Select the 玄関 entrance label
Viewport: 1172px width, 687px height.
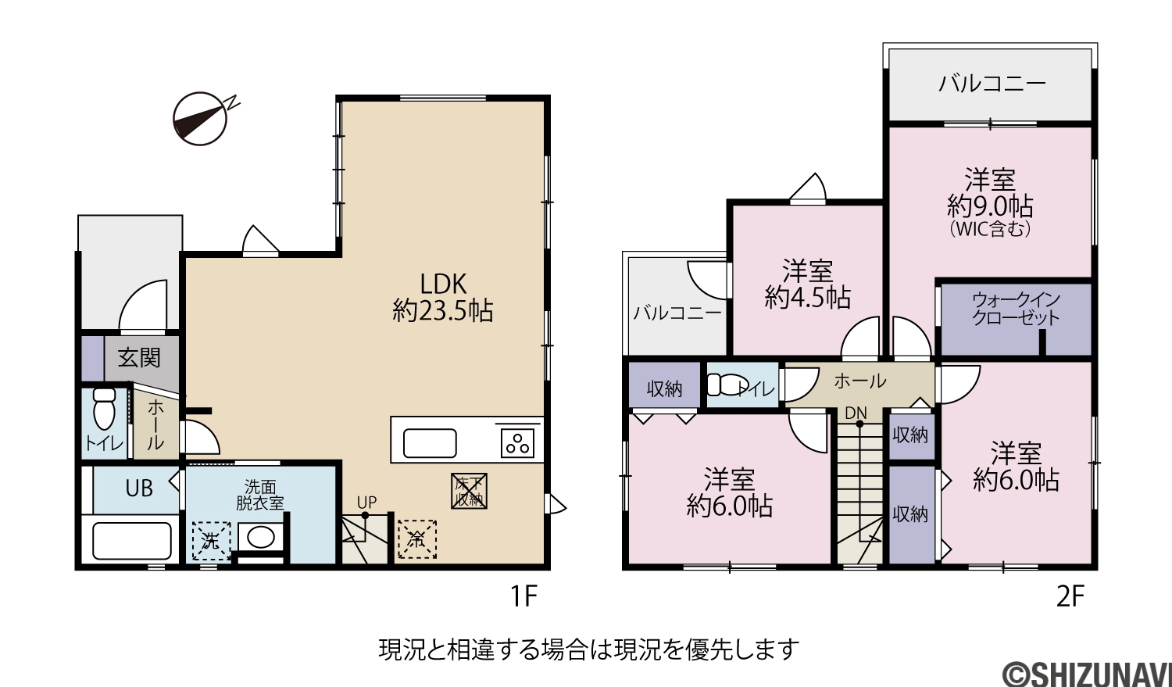tap(138, 359)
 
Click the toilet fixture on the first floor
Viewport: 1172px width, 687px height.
tap(105, 408)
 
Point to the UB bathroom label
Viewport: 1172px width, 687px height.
tap(139, 488)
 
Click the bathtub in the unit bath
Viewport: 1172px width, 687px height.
tap(132, 541)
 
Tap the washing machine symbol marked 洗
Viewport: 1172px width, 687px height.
tap(212, 541)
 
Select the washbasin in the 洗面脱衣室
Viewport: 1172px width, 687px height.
tap(260, 538)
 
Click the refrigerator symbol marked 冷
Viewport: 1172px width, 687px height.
tap(417, 539)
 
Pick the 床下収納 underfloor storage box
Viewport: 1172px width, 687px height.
tap(470, 492)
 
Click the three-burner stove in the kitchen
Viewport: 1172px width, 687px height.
tap(518, 443)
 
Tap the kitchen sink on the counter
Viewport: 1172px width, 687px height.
tap(430, 443)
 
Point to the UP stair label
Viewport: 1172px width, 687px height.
tap(366, 503)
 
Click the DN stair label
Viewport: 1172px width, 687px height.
tap(856, 413)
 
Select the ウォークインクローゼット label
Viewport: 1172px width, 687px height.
tap(1016, 309)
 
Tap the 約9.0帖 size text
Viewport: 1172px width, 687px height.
tap(991, 206)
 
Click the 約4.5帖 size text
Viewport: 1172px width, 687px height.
tap(808, 297)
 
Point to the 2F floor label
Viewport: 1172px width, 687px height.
tap(1070, 596)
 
